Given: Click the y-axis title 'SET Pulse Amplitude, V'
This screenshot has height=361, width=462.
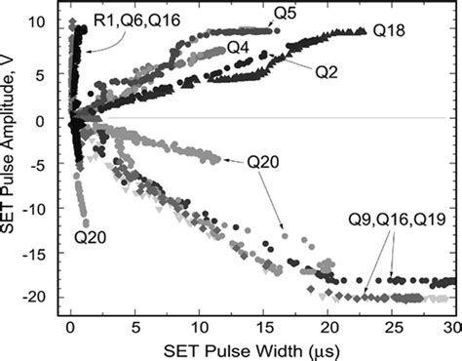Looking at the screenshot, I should point(12,156).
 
